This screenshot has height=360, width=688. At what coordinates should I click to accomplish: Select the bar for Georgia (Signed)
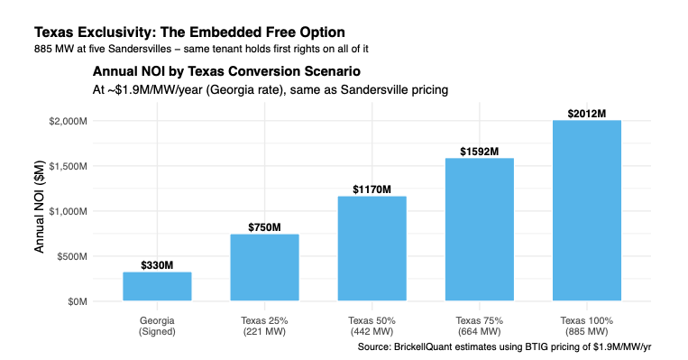157,286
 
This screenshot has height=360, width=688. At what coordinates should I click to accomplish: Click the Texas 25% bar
264,267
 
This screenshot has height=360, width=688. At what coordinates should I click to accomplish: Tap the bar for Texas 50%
372,248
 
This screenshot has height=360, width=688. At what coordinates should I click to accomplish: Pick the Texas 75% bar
480,229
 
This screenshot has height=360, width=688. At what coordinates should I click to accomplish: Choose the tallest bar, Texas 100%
587,210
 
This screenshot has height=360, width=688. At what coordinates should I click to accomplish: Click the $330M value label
157,265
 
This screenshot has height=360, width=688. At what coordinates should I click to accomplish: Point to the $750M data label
264,227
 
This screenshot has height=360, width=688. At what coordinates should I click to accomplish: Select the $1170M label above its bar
372,189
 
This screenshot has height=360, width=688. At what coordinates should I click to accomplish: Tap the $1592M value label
480,152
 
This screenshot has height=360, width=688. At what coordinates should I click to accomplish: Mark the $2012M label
587,114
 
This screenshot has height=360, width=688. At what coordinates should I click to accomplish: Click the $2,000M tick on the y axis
68,121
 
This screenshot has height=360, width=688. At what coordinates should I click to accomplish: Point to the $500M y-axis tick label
72,256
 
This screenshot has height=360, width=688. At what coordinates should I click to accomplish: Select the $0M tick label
78,301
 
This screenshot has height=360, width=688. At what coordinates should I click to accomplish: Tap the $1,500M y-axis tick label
68,166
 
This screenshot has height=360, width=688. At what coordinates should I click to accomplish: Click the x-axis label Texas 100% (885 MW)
587,327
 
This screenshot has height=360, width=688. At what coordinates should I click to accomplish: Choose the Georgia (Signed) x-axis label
157,327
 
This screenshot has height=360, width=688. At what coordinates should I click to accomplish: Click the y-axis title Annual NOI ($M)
40,207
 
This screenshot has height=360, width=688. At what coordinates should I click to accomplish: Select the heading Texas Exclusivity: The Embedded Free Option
189,32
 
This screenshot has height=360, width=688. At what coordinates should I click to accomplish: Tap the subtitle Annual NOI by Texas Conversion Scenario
226,71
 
